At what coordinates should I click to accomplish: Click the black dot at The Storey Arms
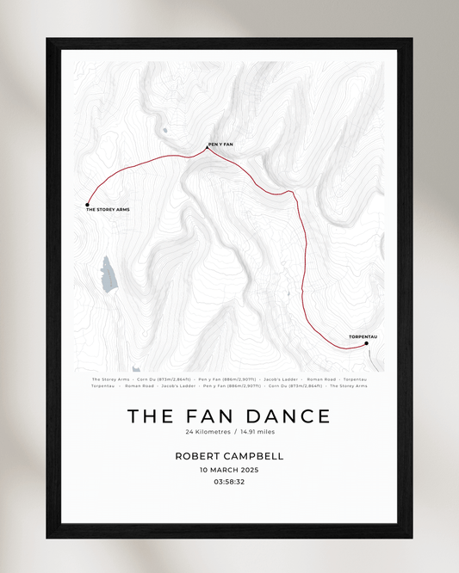point(88,204)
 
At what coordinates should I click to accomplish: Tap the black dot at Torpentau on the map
point(366,343)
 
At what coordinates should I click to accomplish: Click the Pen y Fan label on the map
point(220,144)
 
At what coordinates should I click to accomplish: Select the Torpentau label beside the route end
point(363,336)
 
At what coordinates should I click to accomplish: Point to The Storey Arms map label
point(108,210)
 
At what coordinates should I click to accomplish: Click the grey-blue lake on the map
point(109,274)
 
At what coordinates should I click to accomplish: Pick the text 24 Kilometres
point(207,432)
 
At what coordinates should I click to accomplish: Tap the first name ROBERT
point(199,455)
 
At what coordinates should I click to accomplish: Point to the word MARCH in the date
point(222,470)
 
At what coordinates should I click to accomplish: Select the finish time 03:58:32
point(229,483)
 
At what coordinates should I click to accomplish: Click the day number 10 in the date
point(204,470)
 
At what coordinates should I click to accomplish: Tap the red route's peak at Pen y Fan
point(207,149)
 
